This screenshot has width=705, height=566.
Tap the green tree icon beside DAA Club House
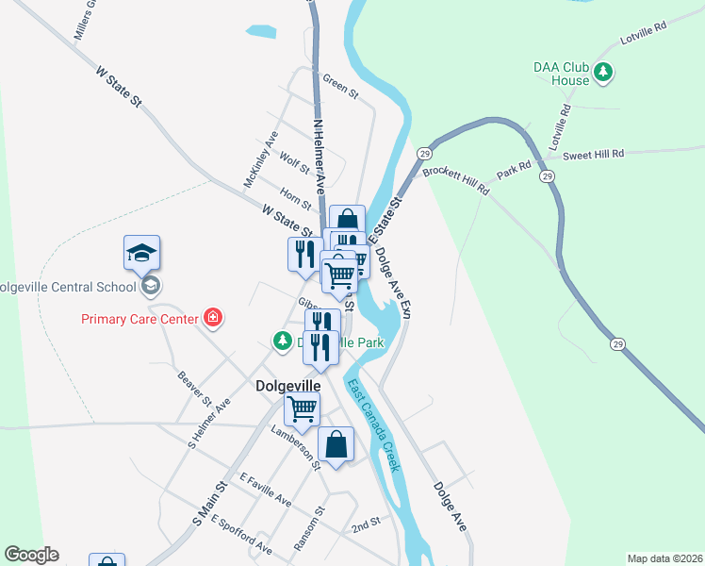coord(605,72)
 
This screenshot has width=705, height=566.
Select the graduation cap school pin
coord(141,254)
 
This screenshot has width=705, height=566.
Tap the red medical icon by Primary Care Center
coord(213,318)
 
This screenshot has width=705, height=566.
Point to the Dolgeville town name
coord(288,386)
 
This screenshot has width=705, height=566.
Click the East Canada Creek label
coord(374,425)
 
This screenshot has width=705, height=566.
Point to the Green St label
coord(340,86)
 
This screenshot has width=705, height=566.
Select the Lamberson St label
coord(296,444)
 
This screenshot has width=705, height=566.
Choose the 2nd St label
coord(365,521)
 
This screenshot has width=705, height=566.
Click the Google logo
coord(31,555)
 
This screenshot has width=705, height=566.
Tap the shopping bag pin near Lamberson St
coord(336,443)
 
